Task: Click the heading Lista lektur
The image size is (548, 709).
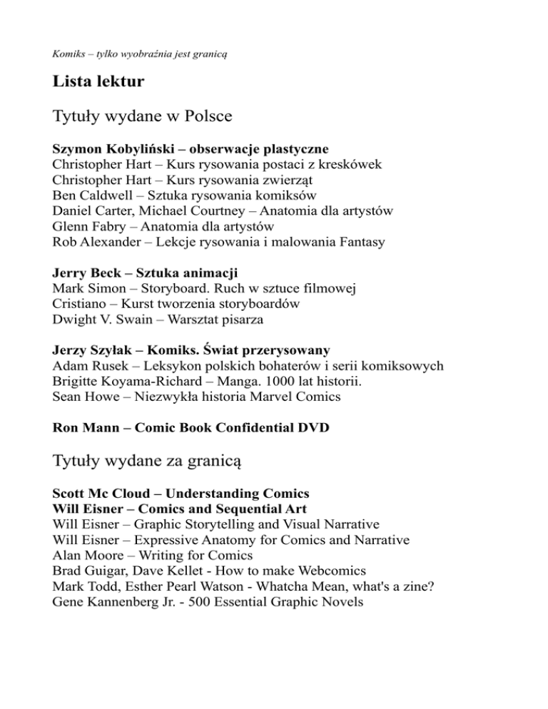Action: pyautogui.click(x=98, y=82)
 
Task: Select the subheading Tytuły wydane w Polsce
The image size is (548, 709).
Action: pyautogui.click(x=143, y=116)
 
